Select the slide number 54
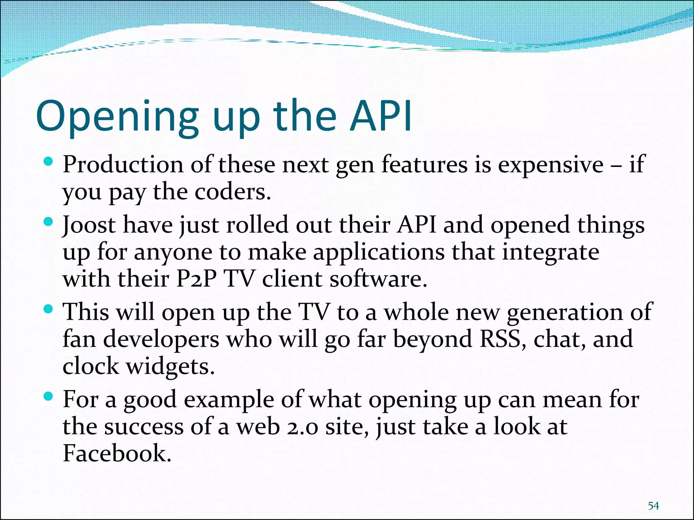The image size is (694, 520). pyautogui.click(x=653, y=506)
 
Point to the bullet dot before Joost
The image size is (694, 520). pyautogui.click(x=49, y=222)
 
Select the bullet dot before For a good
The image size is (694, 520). pyautogui.click(x=49, y=396)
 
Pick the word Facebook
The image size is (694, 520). pyautogui.click(x=117, y=453)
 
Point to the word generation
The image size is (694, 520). pyautogui.click(x=565, y=313)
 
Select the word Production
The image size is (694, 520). pyautogui.click(x=123, y=165)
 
